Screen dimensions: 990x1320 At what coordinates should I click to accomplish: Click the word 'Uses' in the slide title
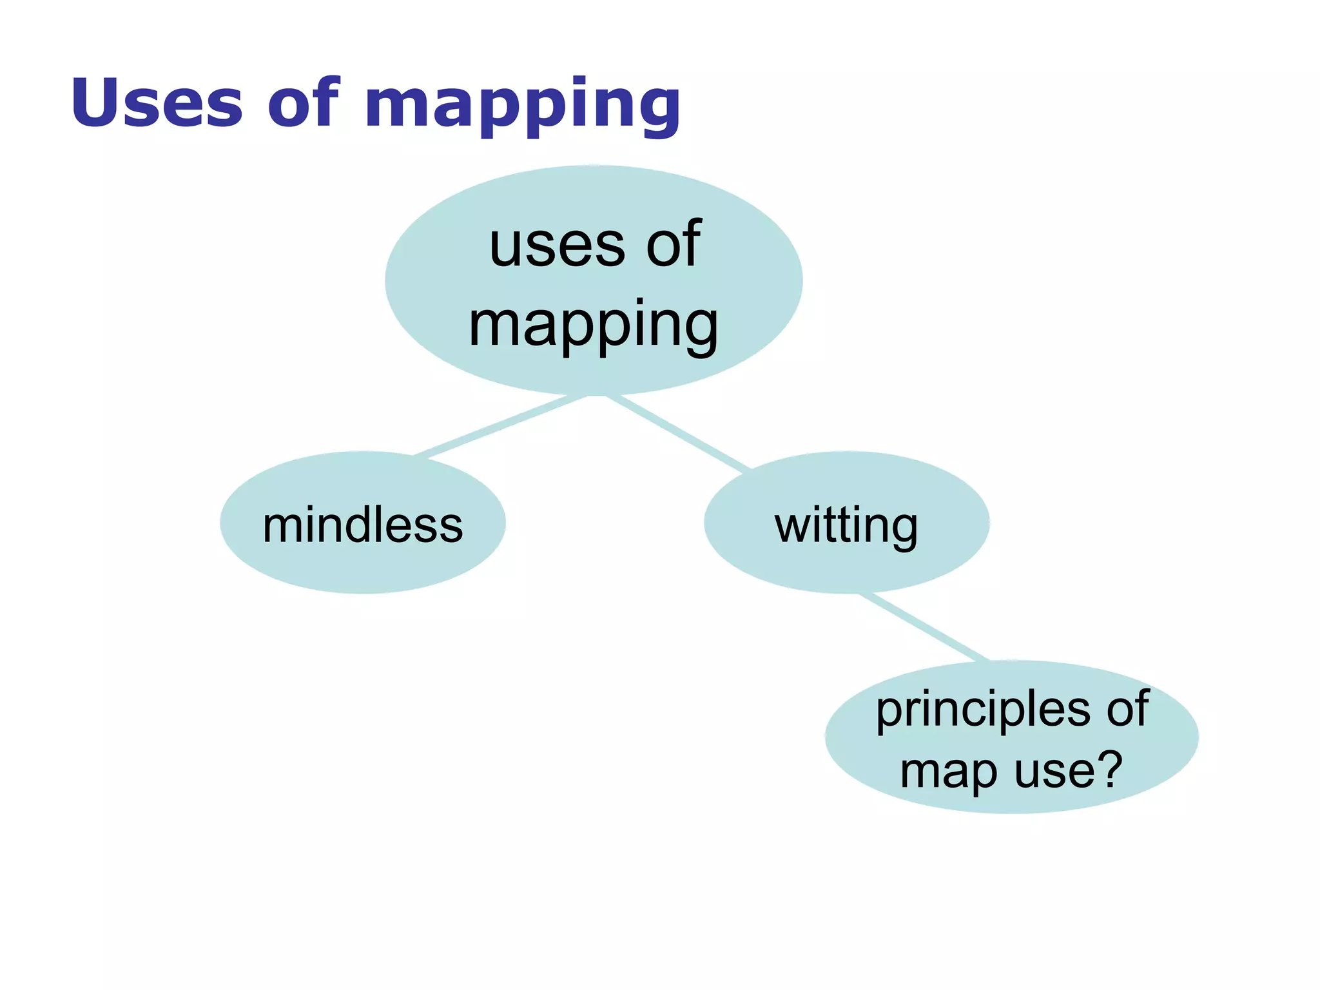(x=157, y=102)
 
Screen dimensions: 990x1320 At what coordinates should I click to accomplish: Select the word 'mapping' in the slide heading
(x=522, y=106)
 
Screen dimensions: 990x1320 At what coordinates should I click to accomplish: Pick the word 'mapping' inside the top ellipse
(x=593, y=326)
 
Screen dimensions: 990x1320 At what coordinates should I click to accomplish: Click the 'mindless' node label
(x=363, y=525)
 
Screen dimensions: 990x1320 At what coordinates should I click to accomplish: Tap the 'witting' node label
(x=846, y=527)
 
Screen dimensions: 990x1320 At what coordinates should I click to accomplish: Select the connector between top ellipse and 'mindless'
(x=500, y=426)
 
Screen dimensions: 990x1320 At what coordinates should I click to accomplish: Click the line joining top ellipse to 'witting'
(x=677, y=432)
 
